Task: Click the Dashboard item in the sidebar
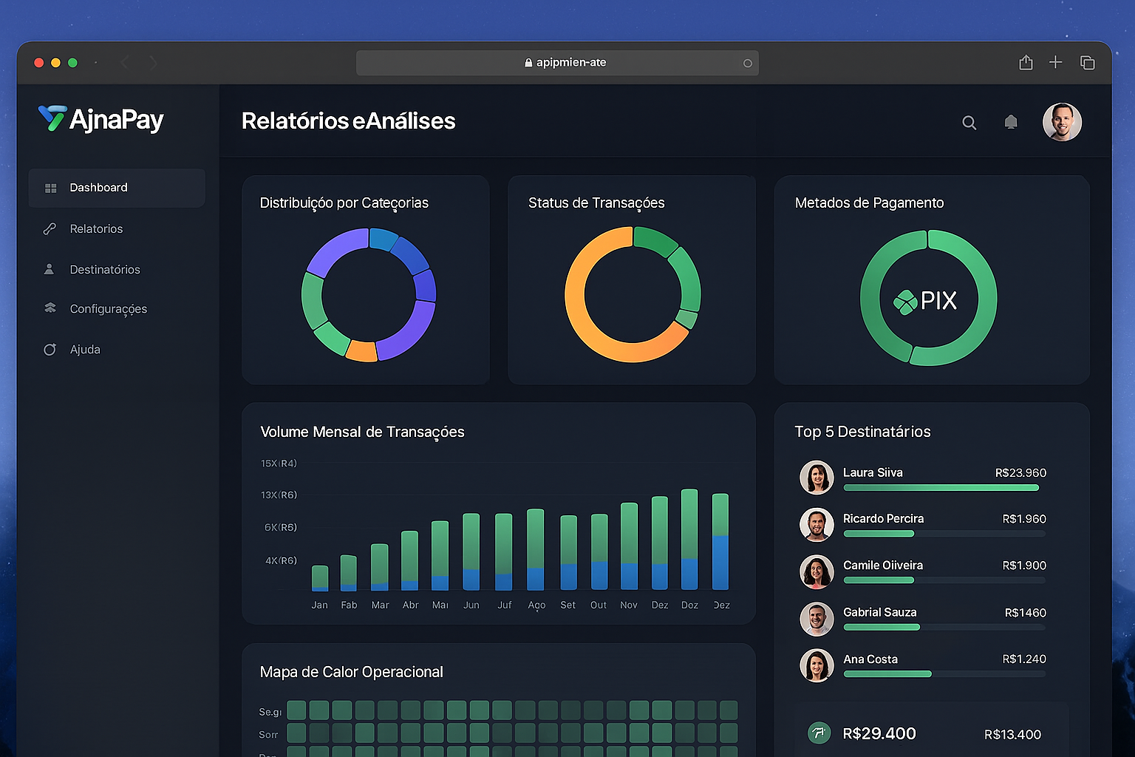pyautogui.click(x=98, y=188)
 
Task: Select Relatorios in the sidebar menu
pyautogui.click(x=96, y=229)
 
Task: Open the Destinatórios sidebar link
pyautogui.click(x=104, y=270)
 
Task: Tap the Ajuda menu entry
pyautogui.click(x=84, y=350)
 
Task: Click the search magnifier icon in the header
pyautogui.click(x=969, y=123)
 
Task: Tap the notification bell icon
pyautogui.click(x=1011, y=122)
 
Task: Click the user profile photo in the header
pyautogui.click(x=1062, y=122)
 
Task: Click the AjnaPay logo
pyautogui.click(x=101, y=119)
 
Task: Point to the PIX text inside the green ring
pyautogui.click(x=938, y=301)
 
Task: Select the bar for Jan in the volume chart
pyautogui.click(x=320, y=578)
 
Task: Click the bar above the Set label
pyautogui.click(x=568, y=552)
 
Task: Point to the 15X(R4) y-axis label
pyautogui.click(x=279, y=464)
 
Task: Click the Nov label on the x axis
pyautogui.click(x=629, y=605)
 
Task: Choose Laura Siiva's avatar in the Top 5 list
pyautogui.click(x=817, y=478)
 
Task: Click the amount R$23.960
pyautogui.click(x=1020, y=473)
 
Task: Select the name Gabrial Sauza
pyautogui.click(x=879, y=612)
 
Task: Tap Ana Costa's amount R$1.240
pyautogui.click(x=1023, y=659)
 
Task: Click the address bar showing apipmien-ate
pyautogui.click(x=557, y=63)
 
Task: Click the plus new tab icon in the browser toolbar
pyautogui.click(x=1055, y=62)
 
